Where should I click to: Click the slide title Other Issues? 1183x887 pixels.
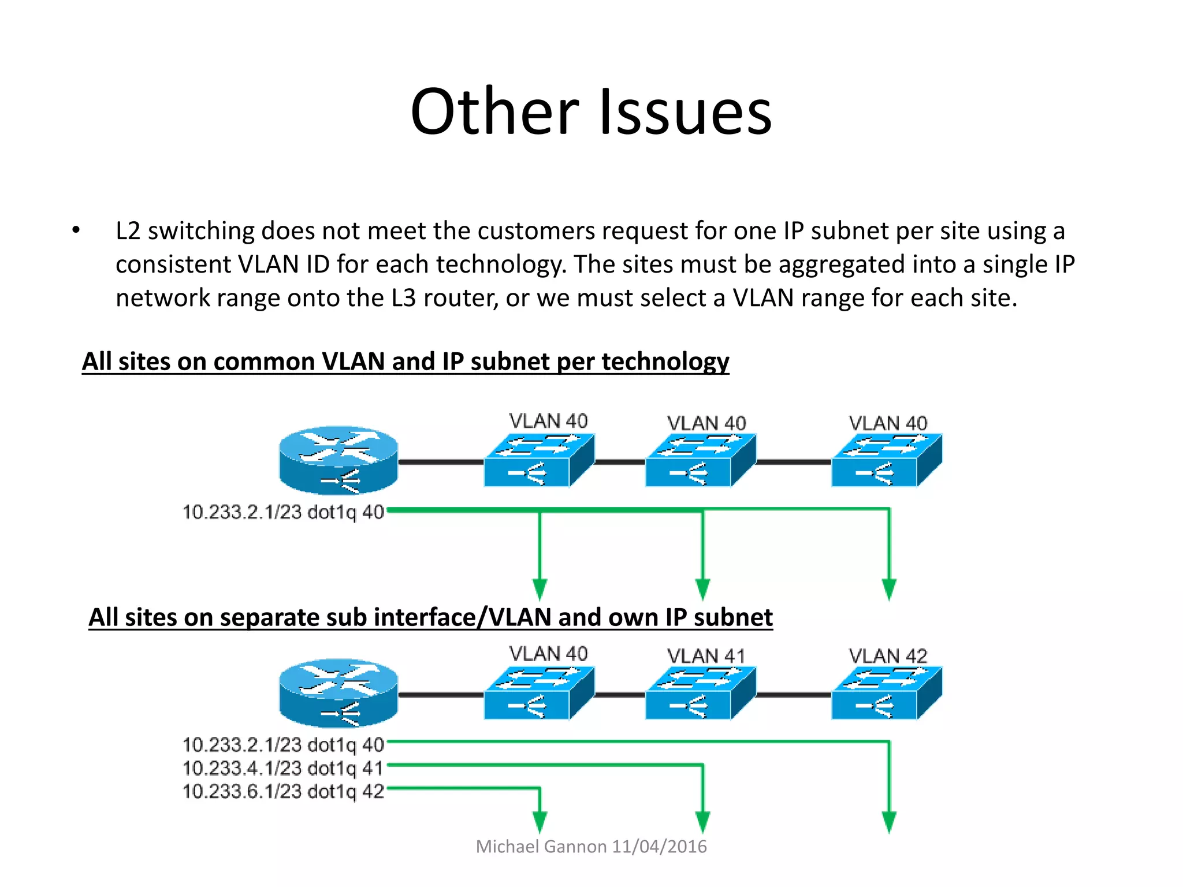[x=591, y=111]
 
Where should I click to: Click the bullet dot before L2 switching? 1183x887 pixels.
[x=76, y=230]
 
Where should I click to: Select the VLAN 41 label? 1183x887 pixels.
[x=706, y=655]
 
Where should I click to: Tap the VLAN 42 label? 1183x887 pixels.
[x=888, y=655]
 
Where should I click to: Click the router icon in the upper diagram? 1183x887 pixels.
[x=338, y=460]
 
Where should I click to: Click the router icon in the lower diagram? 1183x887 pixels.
[x=338, y=693]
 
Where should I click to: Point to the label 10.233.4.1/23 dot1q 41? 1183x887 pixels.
[x=283, y=768]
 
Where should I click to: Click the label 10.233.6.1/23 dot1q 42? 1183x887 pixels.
[x=283, y=791]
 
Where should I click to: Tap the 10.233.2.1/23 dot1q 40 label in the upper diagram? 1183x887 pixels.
[x=283, y=512]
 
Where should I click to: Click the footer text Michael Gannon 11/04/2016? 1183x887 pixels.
[x=591, y=846]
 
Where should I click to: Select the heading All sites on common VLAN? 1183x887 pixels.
[x=405, y=361]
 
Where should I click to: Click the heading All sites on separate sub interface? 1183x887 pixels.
[x=430, y=617]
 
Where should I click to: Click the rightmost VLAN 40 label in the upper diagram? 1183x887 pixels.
[x=888, y=423]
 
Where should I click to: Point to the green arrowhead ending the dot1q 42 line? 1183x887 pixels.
[x=540, y=821]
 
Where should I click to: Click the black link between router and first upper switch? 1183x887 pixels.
[x=441, y=462]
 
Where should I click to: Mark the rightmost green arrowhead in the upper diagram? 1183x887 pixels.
[x=889, y=589]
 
